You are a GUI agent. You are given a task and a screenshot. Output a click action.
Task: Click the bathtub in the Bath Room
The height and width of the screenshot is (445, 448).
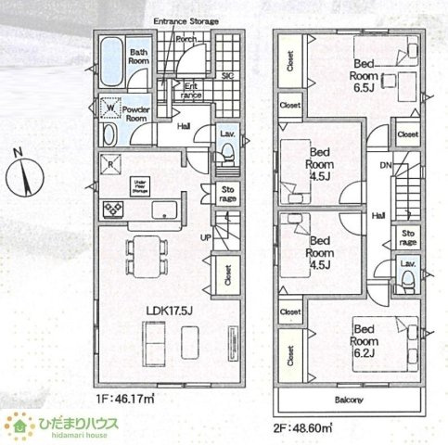110,57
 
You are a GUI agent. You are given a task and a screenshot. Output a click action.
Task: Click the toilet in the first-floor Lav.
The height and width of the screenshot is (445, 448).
225,157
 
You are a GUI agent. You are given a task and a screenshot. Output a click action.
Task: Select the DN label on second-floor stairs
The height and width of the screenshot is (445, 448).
384,166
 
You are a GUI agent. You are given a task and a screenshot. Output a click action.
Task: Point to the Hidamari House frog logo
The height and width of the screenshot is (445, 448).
18,426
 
